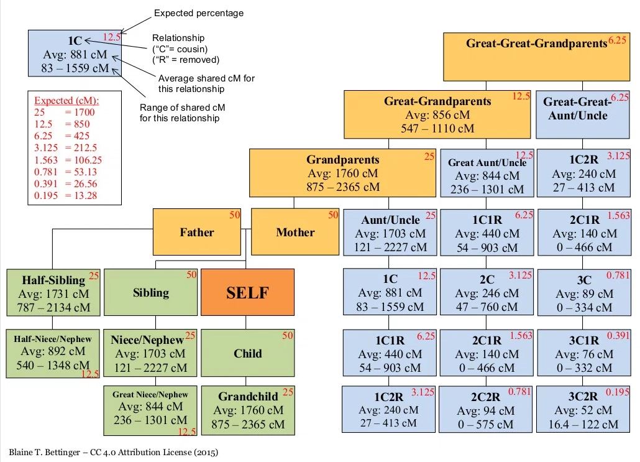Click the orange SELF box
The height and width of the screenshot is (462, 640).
point(247,293)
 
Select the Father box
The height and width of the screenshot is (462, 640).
point(196,232)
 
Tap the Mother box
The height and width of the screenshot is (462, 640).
point(295,232)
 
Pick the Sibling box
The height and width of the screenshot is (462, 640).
point(151,292)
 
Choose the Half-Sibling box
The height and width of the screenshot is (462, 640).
point(52,293)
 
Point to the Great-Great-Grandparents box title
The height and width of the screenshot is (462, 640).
point(536,44)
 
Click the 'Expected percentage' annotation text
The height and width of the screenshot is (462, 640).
point(199,13)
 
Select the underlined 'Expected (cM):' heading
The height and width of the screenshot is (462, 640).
point(66,100)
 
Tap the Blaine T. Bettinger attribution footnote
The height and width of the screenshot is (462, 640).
point(114,452)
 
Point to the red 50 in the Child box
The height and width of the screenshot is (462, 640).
point(288,336)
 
